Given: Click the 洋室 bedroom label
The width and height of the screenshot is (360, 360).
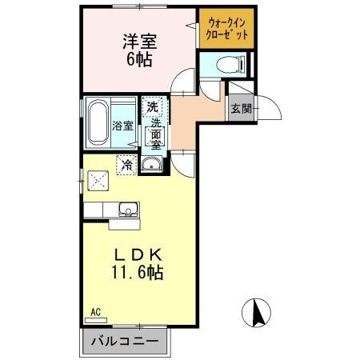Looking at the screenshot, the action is point(140,42).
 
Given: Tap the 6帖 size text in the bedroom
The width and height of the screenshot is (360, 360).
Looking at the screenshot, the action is point(139,59).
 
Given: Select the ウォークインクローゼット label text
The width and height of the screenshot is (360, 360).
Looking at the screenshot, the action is point(227,29).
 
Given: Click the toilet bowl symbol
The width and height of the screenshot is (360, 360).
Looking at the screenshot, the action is point(230,65).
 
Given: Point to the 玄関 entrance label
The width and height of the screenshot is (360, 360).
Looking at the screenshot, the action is point(241,109).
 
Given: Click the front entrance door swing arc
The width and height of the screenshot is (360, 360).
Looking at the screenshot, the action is point(274,105).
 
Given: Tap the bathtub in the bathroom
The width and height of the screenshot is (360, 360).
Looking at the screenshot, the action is point(98,122).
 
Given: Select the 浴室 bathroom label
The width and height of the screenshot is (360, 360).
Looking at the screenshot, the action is point(122,126).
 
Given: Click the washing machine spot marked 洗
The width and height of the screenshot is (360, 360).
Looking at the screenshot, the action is point(152,107).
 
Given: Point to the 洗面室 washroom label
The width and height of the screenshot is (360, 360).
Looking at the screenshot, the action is point(155,134).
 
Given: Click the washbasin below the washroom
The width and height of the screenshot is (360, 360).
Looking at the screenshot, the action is point(151,164).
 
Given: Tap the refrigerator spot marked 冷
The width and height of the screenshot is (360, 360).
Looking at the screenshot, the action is point(126,165).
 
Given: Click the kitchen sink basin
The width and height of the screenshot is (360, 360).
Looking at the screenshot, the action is point(129,209).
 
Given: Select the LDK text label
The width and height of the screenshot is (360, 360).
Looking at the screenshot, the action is point(138,255).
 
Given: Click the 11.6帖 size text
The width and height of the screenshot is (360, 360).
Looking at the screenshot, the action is point(137,272).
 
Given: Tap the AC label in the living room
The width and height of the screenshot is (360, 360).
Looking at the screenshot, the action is point(95,312).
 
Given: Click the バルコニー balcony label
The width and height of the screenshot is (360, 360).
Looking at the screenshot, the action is point(125,341).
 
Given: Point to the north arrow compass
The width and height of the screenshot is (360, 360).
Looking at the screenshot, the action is point(256,313).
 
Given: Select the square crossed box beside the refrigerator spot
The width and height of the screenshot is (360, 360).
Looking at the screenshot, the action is point(98,181).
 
